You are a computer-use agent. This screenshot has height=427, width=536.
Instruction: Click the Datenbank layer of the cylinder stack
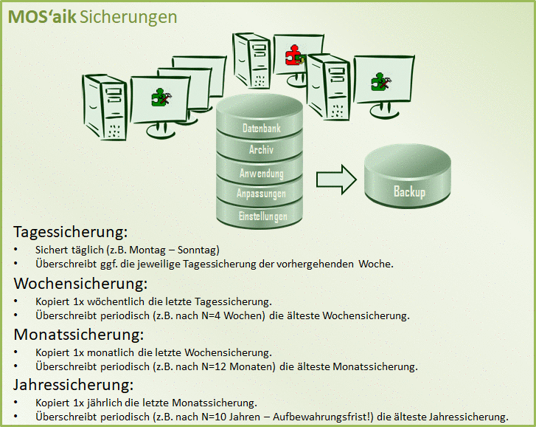[x=262, y=128]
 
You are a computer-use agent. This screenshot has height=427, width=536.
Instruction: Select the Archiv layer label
[x=261, y=150]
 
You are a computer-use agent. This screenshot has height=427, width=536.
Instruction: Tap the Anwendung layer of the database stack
[x=262, y=174]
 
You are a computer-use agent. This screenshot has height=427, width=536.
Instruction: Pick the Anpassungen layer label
[x=261, y=194]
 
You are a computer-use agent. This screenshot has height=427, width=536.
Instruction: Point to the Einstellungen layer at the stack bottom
[x=262, y=216]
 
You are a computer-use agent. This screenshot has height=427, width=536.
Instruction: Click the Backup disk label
[x=409, y=191]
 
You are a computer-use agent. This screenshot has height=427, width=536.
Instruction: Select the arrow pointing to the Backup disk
[x=336, y=180]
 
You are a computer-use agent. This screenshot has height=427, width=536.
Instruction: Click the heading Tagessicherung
[x=71, y=232]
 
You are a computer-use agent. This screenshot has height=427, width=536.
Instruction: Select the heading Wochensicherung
[x=80, y=284]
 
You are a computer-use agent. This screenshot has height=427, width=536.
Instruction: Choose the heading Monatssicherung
[x=79, y=335]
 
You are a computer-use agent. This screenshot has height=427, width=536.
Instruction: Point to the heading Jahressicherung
[x=74, y=385]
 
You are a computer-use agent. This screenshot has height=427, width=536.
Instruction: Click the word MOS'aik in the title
[x=42, y=17]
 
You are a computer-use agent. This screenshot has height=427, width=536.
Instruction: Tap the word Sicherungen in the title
[x=128, y=18]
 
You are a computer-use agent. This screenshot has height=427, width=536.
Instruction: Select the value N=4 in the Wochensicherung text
[x=212, y=315]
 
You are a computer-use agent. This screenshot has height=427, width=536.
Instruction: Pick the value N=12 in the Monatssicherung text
[x=215, y=366]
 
